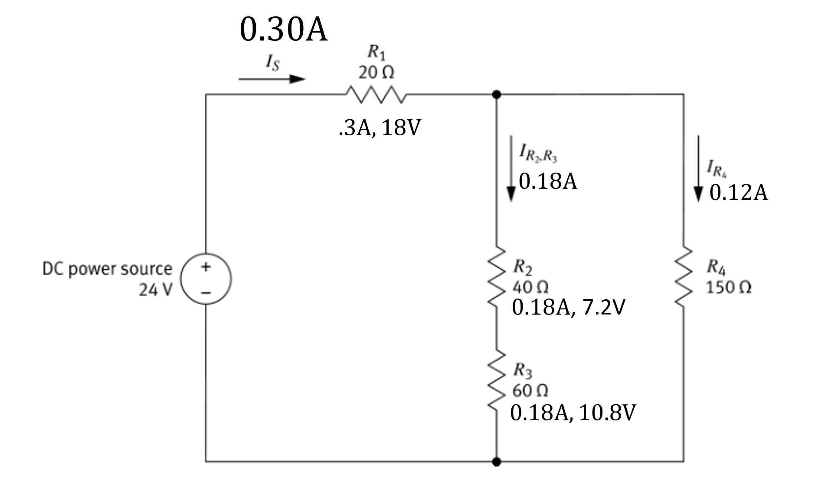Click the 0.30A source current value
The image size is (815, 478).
[x=283, y=30]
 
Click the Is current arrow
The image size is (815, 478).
[x=272, y=79]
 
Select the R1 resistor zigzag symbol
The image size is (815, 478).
[x=376, y=94]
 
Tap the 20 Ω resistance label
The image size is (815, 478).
[x=376, y=72]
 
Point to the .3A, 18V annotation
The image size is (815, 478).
[x=379, y=128]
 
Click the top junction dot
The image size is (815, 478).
[x=497, y=94]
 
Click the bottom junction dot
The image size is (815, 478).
[x=497, y=462]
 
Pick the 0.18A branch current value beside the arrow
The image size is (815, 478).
[x=548, y=181]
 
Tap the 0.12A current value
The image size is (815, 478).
[x=738, y=193]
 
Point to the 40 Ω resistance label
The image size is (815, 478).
[x=530, y=287]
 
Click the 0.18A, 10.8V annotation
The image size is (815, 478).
[x=573, y=413]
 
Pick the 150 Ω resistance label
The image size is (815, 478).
[x=729, y=287]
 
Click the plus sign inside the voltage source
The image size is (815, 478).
[x=206, y=266]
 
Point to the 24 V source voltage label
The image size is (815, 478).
[x=155, y=289]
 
